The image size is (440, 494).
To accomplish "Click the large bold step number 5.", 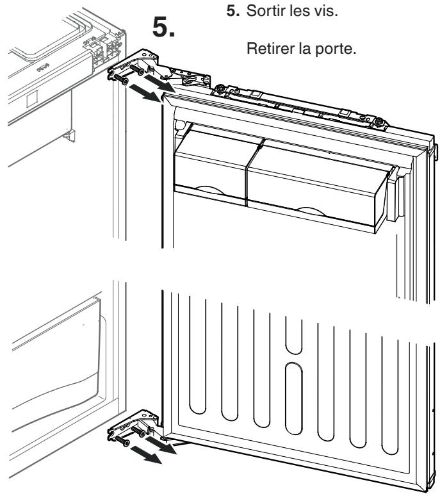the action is pos(163,27).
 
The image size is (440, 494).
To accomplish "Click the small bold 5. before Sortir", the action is pos(233,11).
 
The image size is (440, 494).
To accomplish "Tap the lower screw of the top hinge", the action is pos(121,79).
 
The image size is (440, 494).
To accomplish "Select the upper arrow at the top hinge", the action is pos(159,81).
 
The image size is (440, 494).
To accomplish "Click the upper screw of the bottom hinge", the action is pos(138,431).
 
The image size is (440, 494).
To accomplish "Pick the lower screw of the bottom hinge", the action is pos(122,441).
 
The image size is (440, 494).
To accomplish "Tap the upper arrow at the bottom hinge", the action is pos(161,444).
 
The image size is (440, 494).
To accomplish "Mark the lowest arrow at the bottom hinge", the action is pos(146,455).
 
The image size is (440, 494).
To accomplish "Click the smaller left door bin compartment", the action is pos(211,168).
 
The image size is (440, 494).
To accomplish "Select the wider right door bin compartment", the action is pos(316,186).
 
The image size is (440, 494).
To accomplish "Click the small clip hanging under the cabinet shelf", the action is pos(70,135).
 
